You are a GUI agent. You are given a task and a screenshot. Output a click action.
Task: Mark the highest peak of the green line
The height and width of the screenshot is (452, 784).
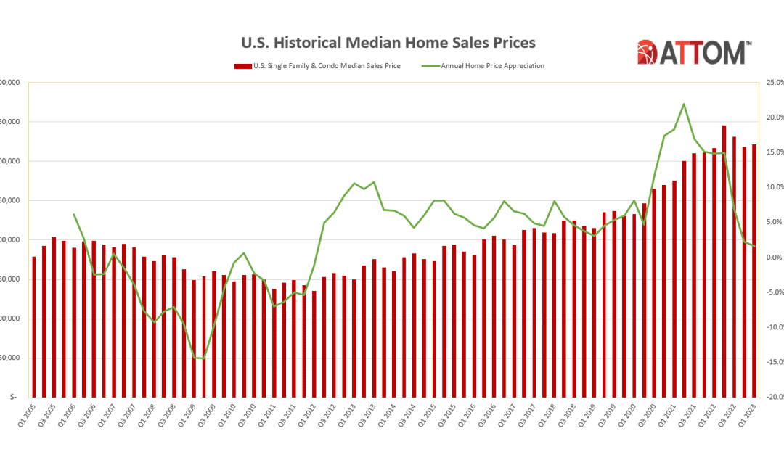(x=684, y=104)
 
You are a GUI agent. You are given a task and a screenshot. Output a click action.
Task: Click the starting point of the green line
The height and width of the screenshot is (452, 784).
(x=74, y=214)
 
